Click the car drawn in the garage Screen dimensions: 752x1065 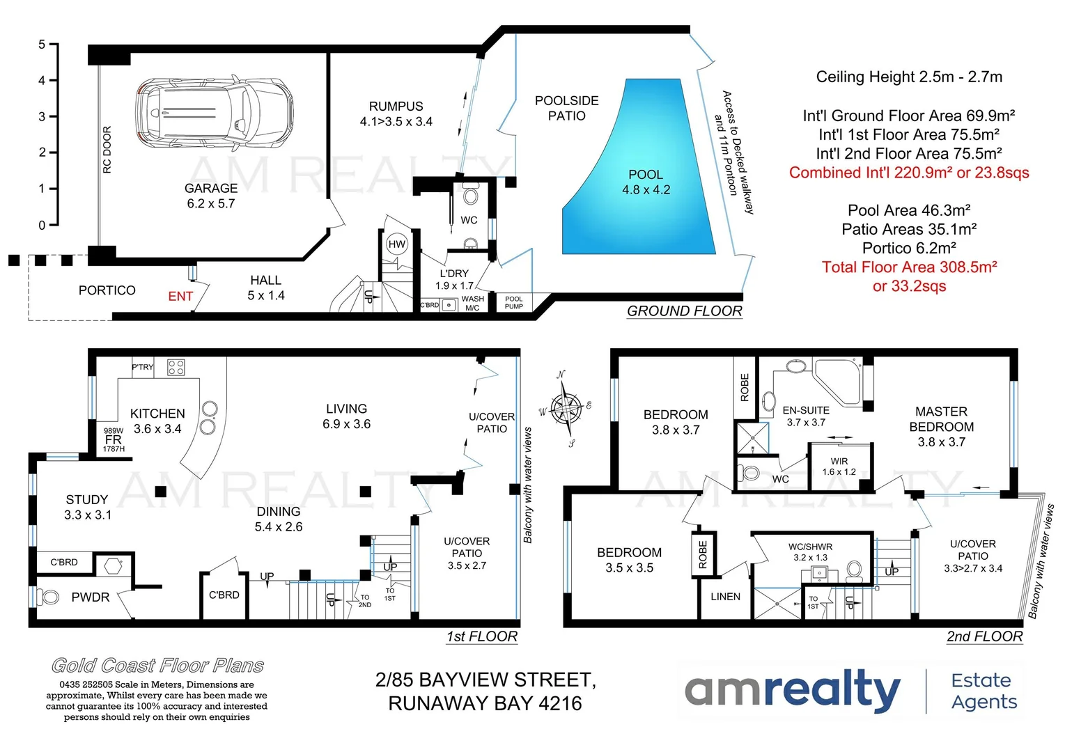pos(214,111)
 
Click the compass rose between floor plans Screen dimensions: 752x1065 pos(566,408)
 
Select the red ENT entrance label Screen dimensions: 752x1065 pos(180,297)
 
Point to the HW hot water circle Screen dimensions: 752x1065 pos(397,244)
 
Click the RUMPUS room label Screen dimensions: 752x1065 pos(396,107)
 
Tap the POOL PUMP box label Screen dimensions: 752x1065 pos(514,303)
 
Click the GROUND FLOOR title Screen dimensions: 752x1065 pos(684,311)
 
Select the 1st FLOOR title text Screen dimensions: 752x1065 pos(482,636)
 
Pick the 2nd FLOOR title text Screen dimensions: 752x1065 pos(984,636)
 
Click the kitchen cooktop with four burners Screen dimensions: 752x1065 pos(176,367)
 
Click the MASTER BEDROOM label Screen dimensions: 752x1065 pos(941,419)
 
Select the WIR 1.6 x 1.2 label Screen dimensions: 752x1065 pos(839,467)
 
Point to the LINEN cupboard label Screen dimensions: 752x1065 pos(725,597)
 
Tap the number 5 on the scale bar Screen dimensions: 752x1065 pos(42,45)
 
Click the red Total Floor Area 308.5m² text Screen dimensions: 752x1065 pos(909,267)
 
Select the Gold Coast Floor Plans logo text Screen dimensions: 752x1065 pos(157,666)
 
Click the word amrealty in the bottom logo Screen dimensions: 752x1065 pos(792,690)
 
